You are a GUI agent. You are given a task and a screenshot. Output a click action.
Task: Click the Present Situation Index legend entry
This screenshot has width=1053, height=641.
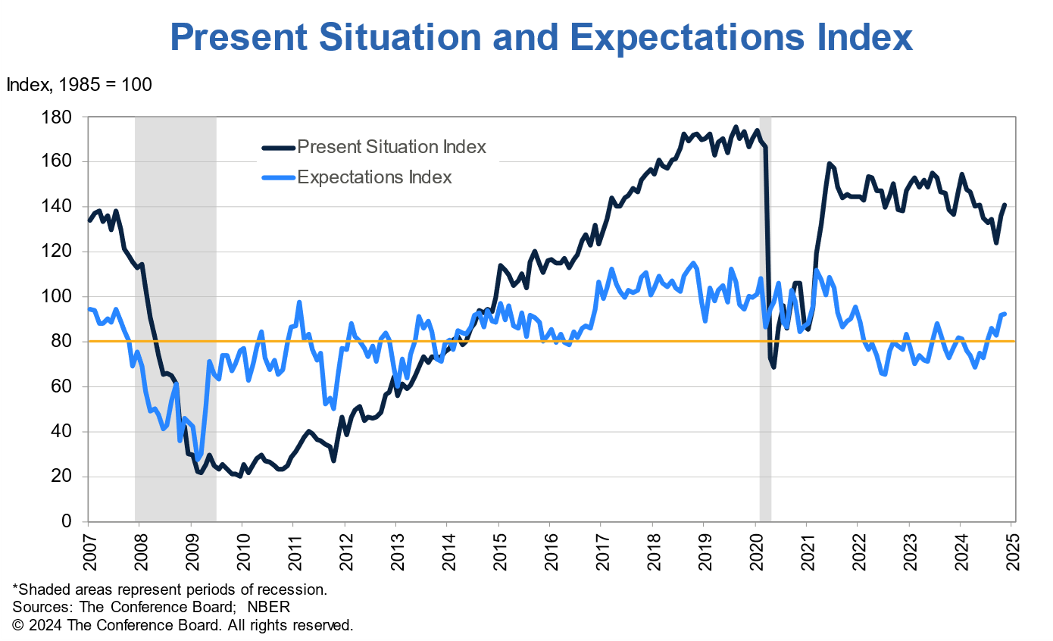(x=391, y=147)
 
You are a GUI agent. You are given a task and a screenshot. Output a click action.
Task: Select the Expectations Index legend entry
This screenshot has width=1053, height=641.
(x=374, y=177)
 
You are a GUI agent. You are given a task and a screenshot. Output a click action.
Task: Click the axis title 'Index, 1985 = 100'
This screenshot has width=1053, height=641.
(x=80, y=85)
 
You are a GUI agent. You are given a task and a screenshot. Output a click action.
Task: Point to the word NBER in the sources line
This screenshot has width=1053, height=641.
(x=270, y=608)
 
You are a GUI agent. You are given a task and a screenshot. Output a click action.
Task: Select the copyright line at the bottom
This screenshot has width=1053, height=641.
(x=183, y=626)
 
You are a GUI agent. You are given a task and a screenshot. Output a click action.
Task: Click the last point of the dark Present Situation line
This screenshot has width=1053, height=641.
(x=1005, y=205)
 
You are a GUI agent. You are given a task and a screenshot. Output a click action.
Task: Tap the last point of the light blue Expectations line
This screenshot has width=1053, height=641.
(x=1005, y=314)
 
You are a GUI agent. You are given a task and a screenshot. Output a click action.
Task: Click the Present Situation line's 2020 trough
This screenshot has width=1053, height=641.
(x=773, y=367)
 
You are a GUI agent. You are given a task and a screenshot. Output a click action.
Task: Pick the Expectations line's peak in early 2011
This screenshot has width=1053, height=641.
(x=299, y=302)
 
